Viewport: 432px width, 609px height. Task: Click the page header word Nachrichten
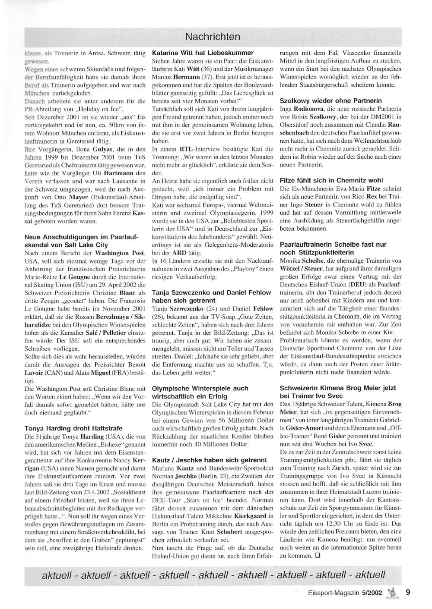212,37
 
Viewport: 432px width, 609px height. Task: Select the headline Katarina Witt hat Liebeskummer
203,53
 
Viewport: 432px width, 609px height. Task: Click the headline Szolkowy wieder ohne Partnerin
330,100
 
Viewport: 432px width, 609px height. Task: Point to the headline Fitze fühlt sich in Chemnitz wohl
331,180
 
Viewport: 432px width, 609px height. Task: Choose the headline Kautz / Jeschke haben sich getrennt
210,460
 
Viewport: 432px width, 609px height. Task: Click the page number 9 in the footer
408,592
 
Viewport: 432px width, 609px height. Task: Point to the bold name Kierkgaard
254,515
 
